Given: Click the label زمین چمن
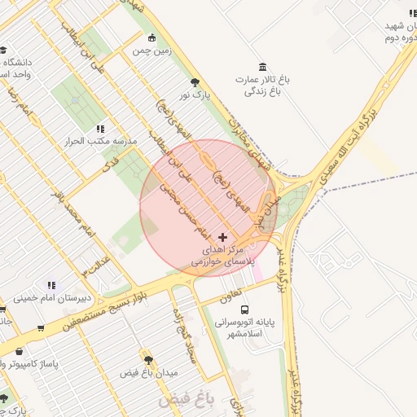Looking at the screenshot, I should point(152,50).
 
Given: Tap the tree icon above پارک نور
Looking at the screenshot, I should point(195,82).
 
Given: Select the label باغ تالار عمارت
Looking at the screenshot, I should point(262,81).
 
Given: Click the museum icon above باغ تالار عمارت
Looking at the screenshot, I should point(262,66).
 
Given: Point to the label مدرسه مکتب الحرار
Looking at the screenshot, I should point(99,141).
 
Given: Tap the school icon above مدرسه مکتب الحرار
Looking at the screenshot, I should point(100,128).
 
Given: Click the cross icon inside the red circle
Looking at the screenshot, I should point(223,236).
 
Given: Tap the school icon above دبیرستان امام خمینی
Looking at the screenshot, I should point(51,284).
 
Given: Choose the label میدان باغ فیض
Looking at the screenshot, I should point(148,372).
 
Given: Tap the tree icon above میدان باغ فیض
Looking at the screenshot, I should point(148,359).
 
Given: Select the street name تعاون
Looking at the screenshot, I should point(230,290).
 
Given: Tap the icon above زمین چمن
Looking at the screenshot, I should point(152,37).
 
